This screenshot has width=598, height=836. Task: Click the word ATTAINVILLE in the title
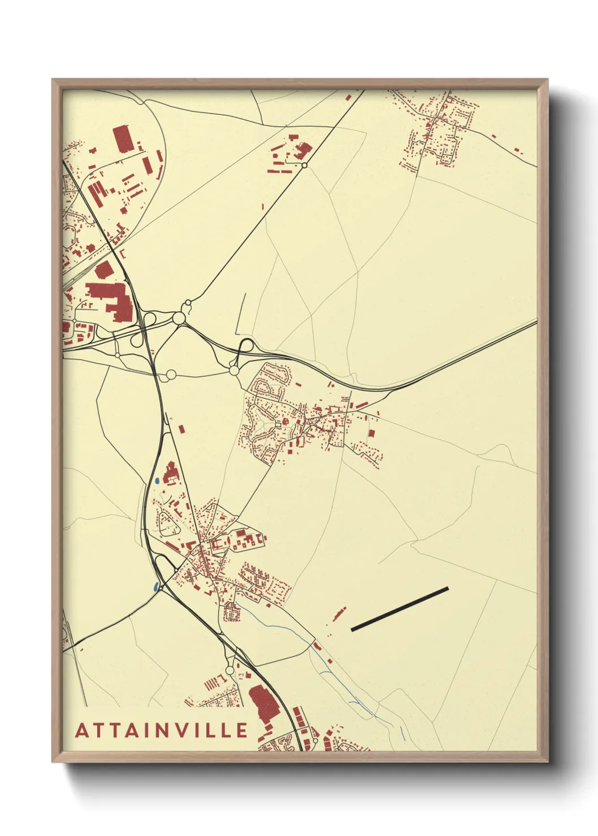162,730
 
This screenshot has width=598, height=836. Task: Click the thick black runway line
400,609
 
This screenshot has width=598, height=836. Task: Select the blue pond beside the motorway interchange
155,587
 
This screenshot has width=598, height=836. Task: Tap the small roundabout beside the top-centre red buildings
304,165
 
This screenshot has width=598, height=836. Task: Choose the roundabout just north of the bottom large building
229,670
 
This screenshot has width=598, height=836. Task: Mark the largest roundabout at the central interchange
179,319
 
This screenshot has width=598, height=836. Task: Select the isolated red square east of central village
371,433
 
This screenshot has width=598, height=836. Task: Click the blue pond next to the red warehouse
155,482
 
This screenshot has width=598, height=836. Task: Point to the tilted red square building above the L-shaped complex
103,270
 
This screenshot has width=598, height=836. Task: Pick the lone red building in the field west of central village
181,428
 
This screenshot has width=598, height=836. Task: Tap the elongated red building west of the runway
340,613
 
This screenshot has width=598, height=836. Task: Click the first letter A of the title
82,730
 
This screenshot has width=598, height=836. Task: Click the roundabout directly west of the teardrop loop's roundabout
171,374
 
